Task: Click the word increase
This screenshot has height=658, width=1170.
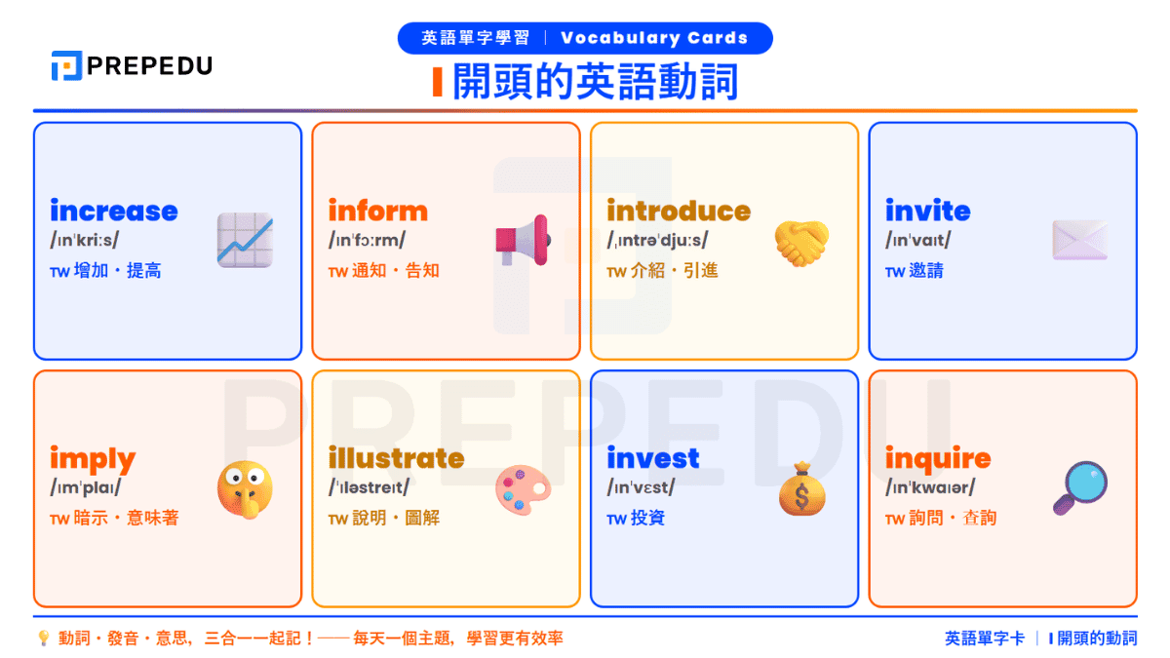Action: tap(114, 211)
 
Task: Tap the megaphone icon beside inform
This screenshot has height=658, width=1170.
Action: tap(523, 240)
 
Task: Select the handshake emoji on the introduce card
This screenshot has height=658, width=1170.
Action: tap(801, 242)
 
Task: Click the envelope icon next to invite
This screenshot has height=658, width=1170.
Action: tap(1079, 240)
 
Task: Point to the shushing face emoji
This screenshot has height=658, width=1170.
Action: tap(245, 488)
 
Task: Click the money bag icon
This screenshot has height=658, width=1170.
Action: tap(801, 488)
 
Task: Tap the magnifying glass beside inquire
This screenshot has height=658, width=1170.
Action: tap(1079, 488)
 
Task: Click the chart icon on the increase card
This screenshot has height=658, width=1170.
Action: tap(245, 240)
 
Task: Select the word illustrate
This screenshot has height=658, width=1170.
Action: tap(396, 458)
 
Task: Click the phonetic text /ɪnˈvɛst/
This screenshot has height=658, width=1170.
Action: tap(641, 487)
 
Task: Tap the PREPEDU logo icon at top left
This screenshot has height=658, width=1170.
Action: tap(66, 65)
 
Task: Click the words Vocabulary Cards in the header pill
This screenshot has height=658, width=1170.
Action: tap(654, 39)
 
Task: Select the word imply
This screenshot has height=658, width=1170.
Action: tap(93, 458)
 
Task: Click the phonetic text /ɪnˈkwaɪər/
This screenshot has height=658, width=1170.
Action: tap(929, 487)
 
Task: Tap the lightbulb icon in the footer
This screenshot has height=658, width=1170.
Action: tap(43, 639)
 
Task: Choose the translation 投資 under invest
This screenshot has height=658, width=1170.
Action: tap(647, 518)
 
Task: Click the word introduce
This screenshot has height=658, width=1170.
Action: tap(679, 211)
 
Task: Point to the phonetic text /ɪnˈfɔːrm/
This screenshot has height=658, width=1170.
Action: tap(367, 240)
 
